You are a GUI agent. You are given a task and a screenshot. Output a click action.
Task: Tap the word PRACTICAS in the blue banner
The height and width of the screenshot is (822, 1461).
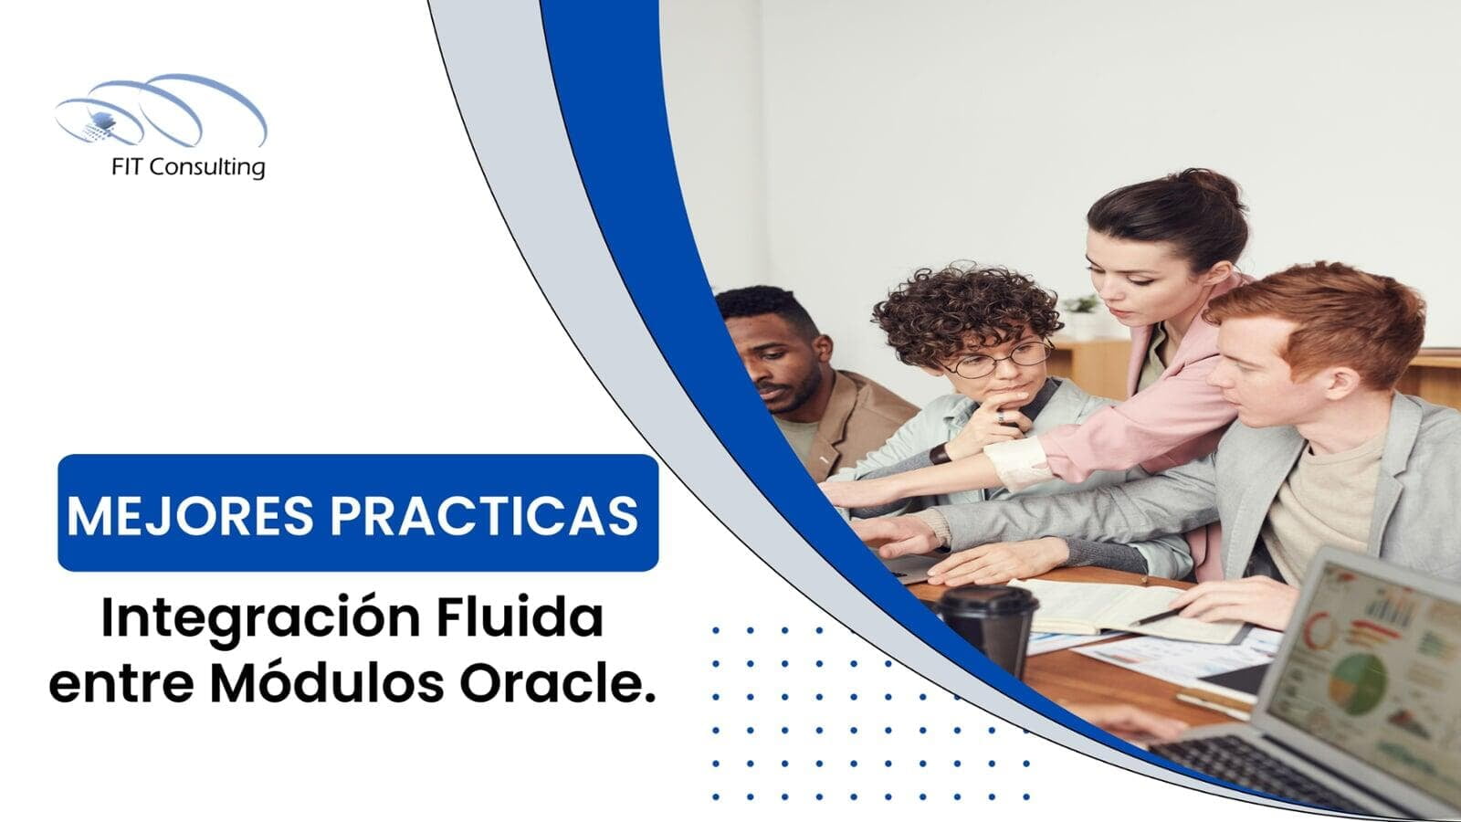484,516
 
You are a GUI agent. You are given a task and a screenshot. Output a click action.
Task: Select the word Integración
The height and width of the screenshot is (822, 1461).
260,620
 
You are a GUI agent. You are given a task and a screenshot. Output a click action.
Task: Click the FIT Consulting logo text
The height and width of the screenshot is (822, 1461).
188,167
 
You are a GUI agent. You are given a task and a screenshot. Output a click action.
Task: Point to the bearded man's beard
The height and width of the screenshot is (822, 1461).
794,399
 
